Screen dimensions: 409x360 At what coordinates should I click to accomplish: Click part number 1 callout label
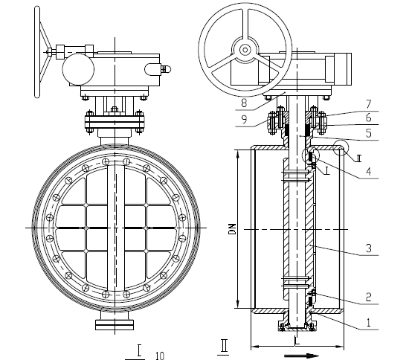(369, 323)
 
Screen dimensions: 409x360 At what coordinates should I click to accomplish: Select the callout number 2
(368, 297)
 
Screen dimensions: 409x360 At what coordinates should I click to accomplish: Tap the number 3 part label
(369, 248)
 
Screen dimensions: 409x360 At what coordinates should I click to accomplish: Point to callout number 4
(369, 171)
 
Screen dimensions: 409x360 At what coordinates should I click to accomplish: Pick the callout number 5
(368, 133)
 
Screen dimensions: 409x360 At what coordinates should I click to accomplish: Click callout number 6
(368, 118)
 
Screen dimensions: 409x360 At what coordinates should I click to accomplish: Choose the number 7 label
(368, 104)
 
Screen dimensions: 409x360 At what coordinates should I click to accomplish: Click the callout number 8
(244, 103)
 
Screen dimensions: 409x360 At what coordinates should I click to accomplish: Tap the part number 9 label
(244, 119)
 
